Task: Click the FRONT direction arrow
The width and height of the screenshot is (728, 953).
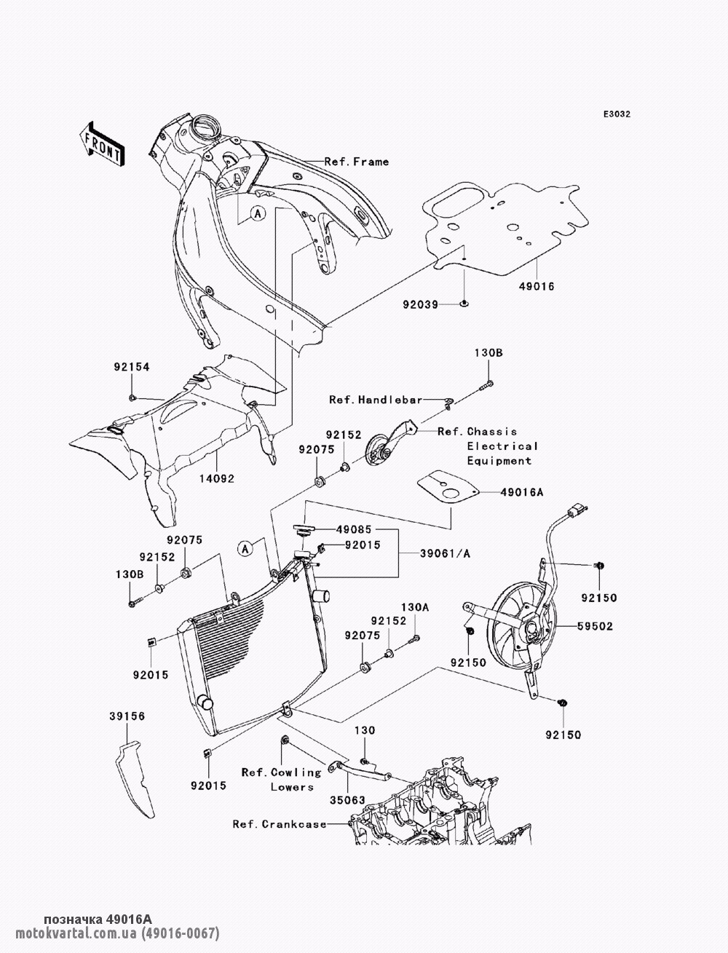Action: point(102,142)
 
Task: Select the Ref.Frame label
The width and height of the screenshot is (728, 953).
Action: point(357,162)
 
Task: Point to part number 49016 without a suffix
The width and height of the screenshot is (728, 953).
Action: point(537,286)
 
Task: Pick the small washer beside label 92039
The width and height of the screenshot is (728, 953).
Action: point(464,302)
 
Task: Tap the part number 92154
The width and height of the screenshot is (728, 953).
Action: point(131,368)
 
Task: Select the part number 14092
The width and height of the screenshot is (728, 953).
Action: point(216,478)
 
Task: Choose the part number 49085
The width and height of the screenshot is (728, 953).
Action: point(354,531)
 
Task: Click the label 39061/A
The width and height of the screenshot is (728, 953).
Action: point(445,554)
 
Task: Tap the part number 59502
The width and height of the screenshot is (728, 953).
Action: point(596,625)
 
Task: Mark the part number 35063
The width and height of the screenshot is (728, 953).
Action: point(349,799)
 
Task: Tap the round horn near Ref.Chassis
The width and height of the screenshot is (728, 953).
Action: point(379,451)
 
